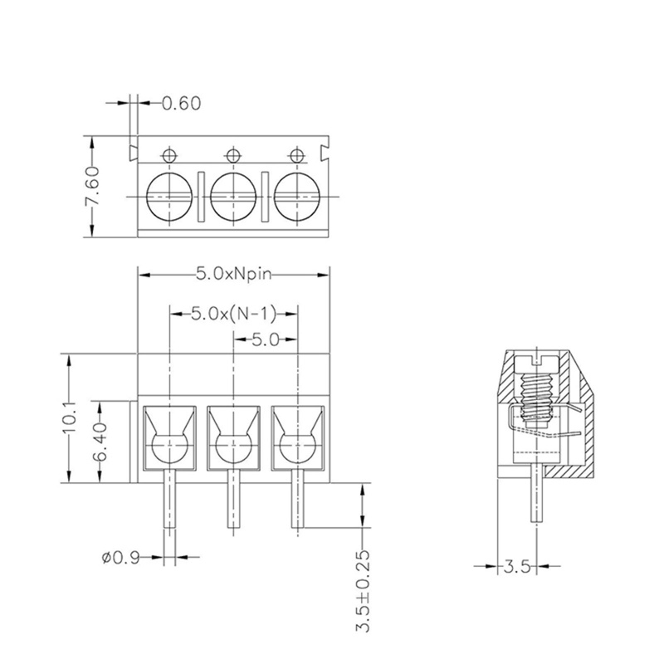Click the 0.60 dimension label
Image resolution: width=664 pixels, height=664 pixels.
(181, 104)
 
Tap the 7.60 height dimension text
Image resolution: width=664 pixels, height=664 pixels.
(94, 189)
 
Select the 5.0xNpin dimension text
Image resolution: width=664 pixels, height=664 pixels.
(234, 273)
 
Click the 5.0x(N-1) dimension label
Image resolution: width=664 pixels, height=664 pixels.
(233, 315)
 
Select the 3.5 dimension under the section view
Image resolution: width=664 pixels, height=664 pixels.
(515, 567)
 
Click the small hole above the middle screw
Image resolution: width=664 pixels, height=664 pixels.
(232, 154)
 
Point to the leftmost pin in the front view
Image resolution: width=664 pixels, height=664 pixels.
(169, 498)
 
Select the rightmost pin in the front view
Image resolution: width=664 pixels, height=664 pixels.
(297, 498)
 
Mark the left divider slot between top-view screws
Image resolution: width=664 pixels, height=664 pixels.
(201, 196)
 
